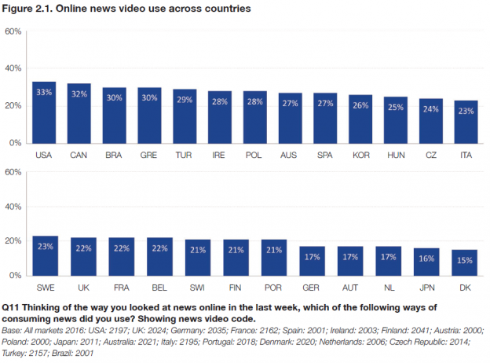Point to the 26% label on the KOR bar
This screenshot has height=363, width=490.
tap(360, 106)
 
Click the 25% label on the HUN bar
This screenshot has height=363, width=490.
tap(396, 108)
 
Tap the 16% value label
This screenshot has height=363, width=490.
tap(430, 258)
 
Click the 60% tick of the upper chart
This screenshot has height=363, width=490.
tap(13, 32)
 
